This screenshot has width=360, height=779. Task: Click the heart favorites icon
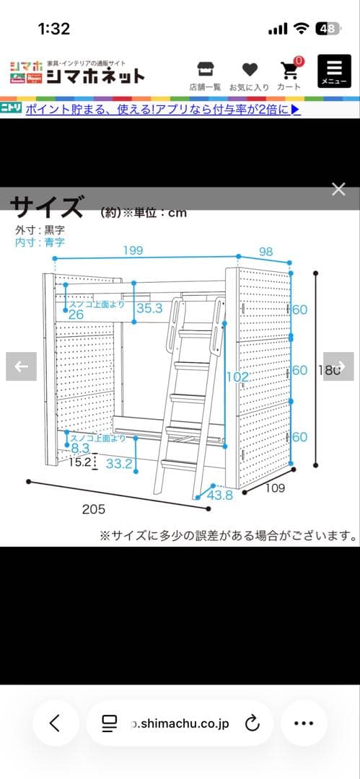pos(250,70)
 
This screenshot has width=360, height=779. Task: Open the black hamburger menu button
pos(334,73)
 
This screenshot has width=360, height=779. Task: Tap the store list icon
pos(205,70)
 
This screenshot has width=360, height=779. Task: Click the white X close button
pos(338,190)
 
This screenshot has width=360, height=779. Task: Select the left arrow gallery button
pos(21,366)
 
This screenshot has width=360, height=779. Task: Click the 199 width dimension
pos(133,251)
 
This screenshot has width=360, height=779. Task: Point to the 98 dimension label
pos(265,251)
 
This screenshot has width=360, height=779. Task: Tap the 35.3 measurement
pos(149,309)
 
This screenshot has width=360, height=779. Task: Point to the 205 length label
pos(93,509)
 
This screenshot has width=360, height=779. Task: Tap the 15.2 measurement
pos(80,462)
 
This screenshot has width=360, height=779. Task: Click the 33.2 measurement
pos(119,464)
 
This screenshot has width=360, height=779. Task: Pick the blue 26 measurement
pos(76,314)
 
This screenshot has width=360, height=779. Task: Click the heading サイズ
pos(47,207)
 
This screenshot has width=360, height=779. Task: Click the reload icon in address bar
pos(252,723)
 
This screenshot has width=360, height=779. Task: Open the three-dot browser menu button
pos(304,723)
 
